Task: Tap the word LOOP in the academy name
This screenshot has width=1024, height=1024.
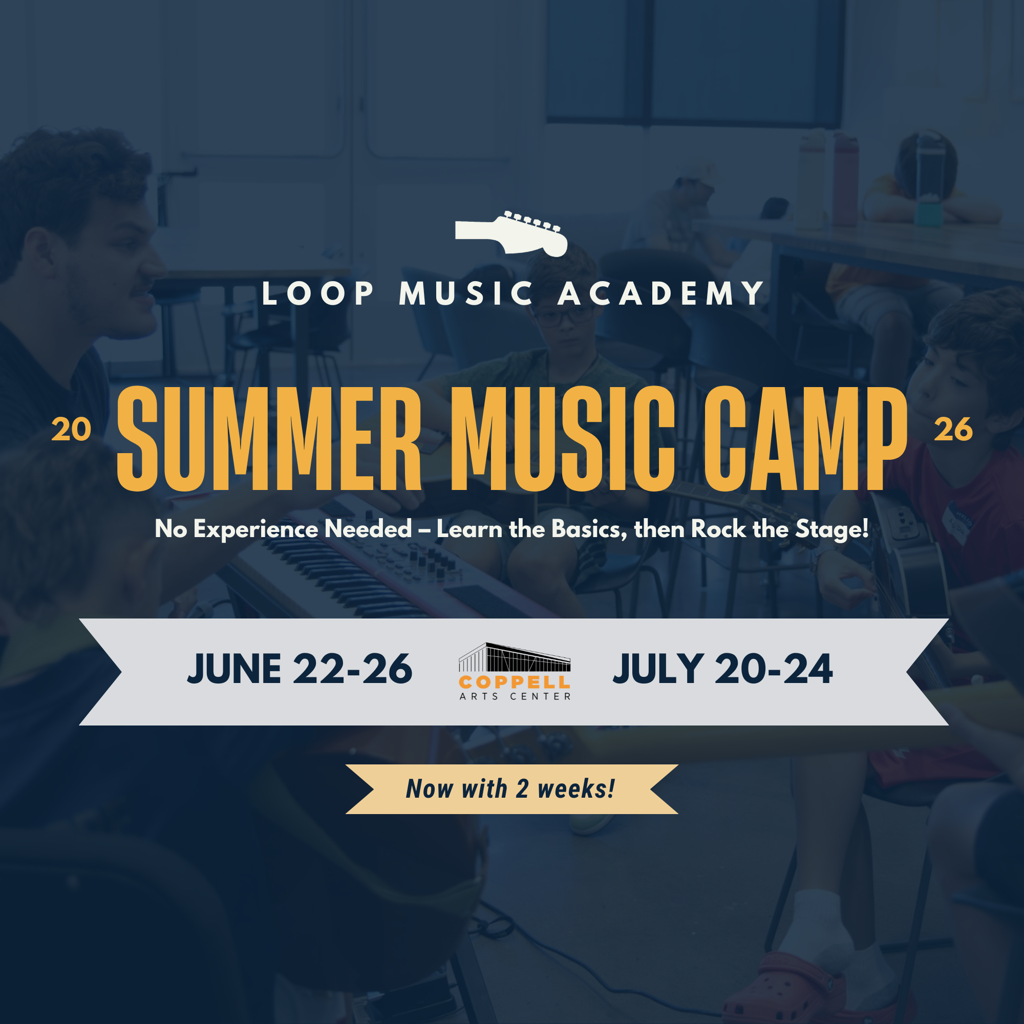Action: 318,293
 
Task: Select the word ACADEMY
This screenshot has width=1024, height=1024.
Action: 662,293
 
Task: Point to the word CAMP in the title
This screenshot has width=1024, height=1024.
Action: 805,439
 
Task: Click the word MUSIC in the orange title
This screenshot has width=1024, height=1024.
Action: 562,439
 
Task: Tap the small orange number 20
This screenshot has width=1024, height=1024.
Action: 71,430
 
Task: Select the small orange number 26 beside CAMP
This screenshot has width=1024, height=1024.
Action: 953,430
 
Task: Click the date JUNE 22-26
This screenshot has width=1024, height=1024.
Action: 300,669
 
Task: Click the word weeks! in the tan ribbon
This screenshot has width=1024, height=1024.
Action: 576,789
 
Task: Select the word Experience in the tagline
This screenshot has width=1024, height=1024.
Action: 255,529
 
